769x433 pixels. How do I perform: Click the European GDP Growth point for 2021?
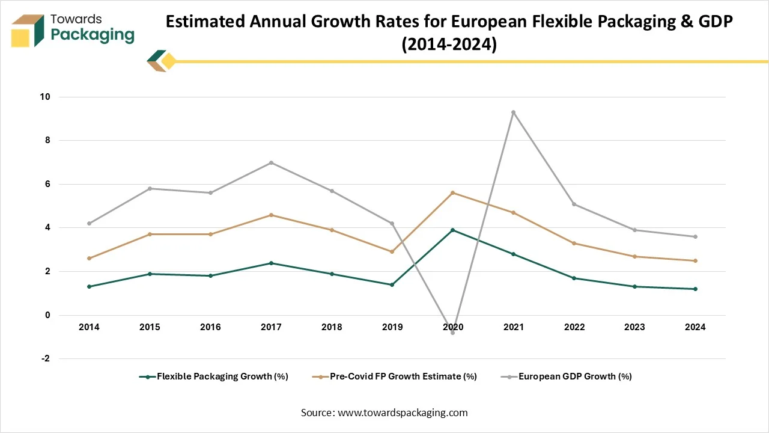click(x=513, y=112)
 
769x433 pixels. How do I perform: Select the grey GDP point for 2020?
click(x=452, y=333)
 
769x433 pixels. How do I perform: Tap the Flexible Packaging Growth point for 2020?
click(x=452, y=230)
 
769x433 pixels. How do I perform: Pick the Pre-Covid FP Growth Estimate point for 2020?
click(x=452, y=192)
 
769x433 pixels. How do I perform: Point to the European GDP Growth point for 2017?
click(x=271, y=162)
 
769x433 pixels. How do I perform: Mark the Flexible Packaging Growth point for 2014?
click(x=89, y=286)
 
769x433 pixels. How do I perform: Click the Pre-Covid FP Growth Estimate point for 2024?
click(x=695, y=260)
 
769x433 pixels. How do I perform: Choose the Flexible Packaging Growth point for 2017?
click(x=271, y=263)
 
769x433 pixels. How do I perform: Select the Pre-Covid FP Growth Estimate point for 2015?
click(x=150, y=234)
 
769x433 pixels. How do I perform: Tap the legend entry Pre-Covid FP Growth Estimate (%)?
click(x=402, y=376)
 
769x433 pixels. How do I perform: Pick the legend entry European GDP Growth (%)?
click(x=574, y=376)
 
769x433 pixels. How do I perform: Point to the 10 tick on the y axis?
click(x=46, y=97)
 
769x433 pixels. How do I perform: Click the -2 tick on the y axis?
click(x=46, y=359)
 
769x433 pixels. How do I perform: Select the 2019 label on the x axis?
click(x=392, y=327)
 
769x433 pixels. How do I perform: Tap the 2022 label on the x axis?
click(x=574, y=327)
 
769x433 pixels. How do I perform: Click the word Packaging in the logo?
click(x=93, y=34)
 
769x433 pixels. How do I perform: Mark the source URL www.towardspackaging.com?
click(x=403, y=413)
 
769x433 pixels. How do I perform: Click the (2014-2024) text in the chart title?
click(x=449, y=45)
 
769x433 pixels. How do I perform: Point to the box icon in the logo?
click(x=28, y=31)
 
